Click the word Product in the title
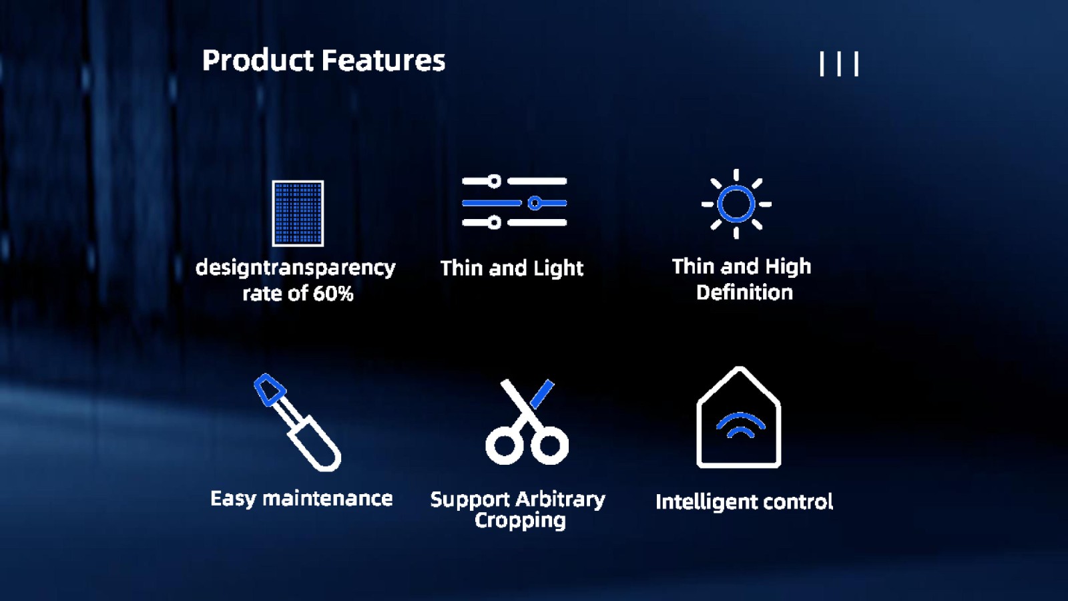[258, 61]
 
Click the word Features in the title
[383, 61]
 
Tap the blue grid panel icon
[298, 213]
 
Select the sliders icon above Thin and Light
[515, 202]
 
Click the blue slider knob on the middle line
[535, 203]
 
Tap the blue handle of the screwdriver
[270, 389]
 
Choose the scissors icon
[527, 421]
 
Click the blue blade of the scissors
[543, 394]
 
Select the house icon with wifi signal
[738, 417]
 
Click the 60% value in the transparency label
[333, 293]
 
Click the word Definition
[744, 292]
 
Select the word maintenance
[328, 498]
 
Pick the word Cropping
[520, 520]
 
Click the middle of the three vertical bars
[839, 64]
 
